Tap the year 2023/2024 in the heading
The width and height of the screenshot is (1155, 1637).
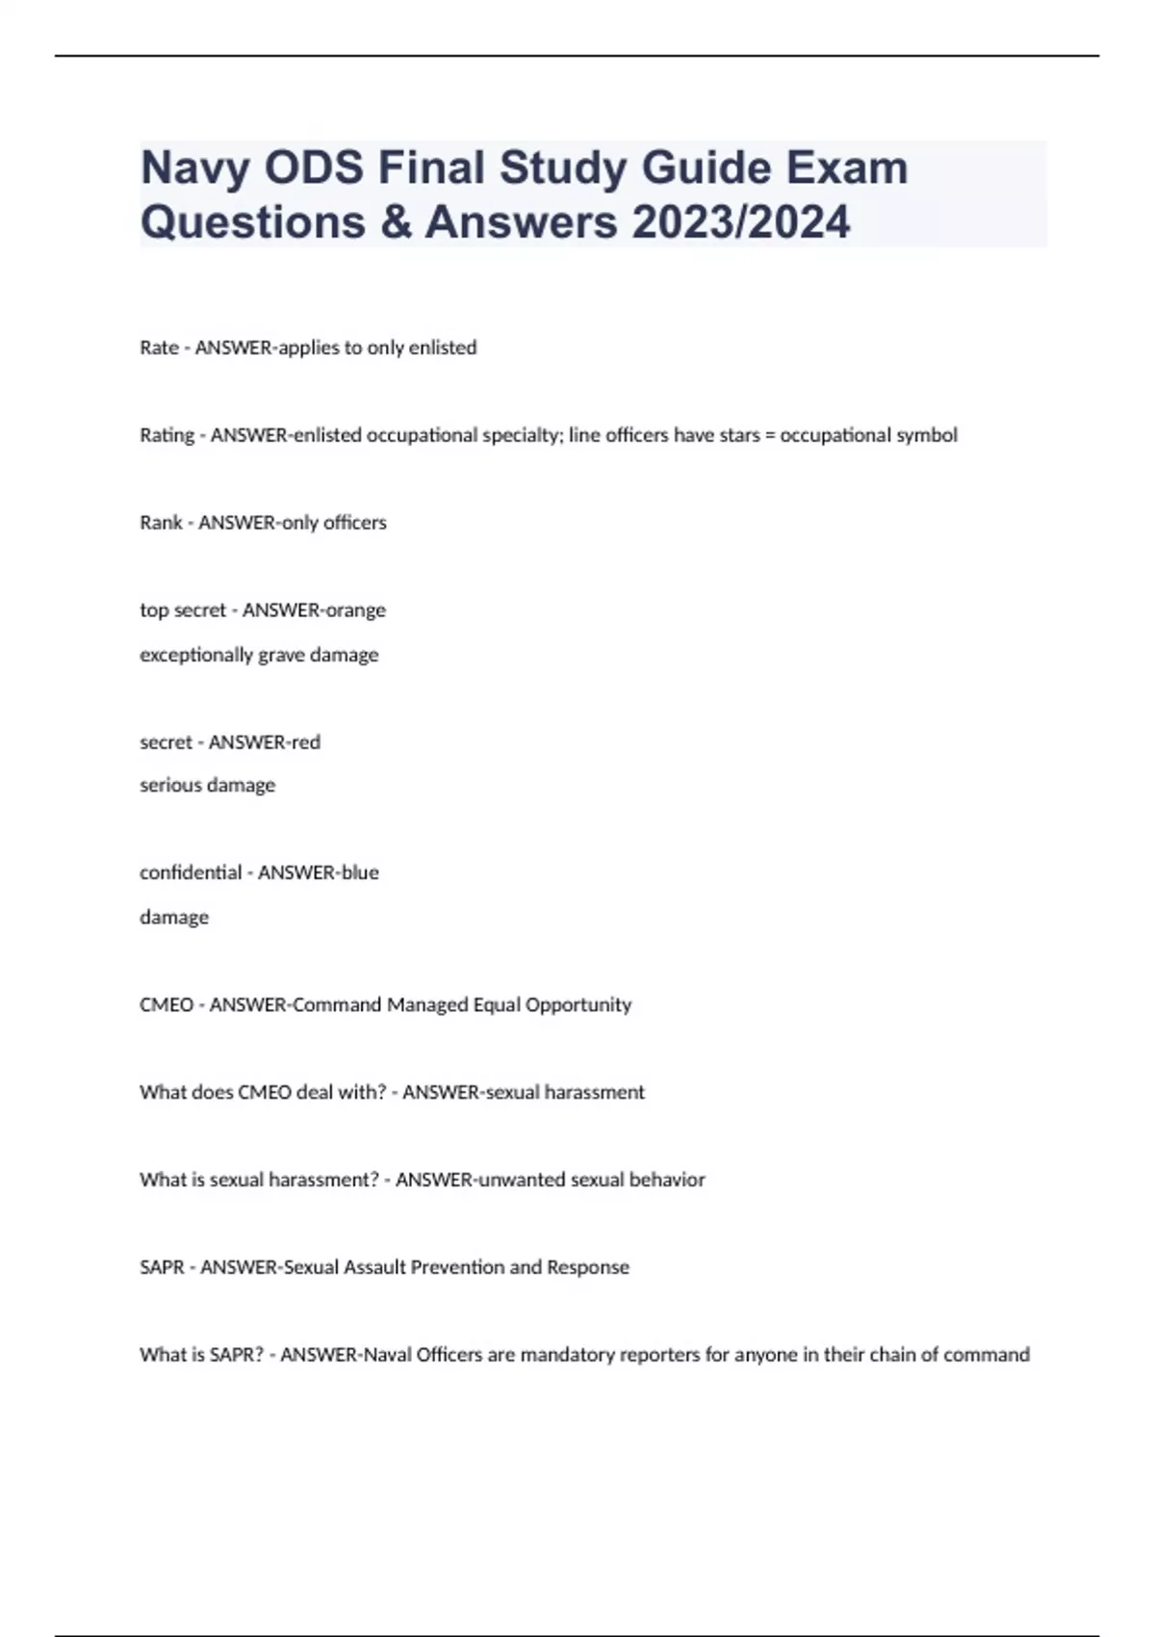pyautogui.click(x=741, y=222)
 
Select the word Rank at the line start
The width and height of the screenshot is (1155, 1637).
pyautogui.click(x=161, y=523)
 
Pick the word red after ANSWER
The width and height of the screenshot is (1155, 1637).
pyautogui.click(x=306, y=742)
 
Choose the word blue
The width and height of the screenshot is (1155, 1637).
pyautogui.click(x=360, y=873)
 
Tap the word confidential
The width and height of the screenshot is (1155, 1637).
pyautogui.click(x=191, y=873)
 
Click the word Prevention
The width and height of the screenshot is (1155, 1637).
pyautogui.click(x=456, y=1268)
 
